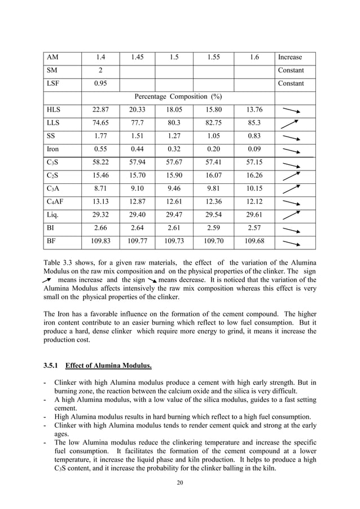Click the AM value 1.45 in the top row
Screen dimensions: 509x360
point(137,58)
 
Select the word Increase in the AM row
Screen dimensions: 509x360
point(289,58)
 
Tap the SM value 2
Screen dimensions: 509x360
point(100,71)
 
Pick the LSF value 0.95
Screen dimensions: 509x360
point(100,84)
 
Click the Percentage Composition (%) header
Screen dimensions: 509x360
point(178,96)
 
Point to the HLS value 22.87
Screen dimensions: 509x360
point(100,110)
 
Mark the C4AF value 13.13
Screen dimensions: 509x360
point(100,202)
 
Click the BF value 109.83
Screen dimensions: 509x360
point(100,242)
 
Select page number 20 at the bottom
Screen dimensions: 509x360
point(180,483)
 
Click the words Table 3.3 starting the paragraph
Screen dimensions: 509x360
point(58,262)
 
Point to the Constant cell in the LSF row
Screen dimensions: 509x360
point(291,84)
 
